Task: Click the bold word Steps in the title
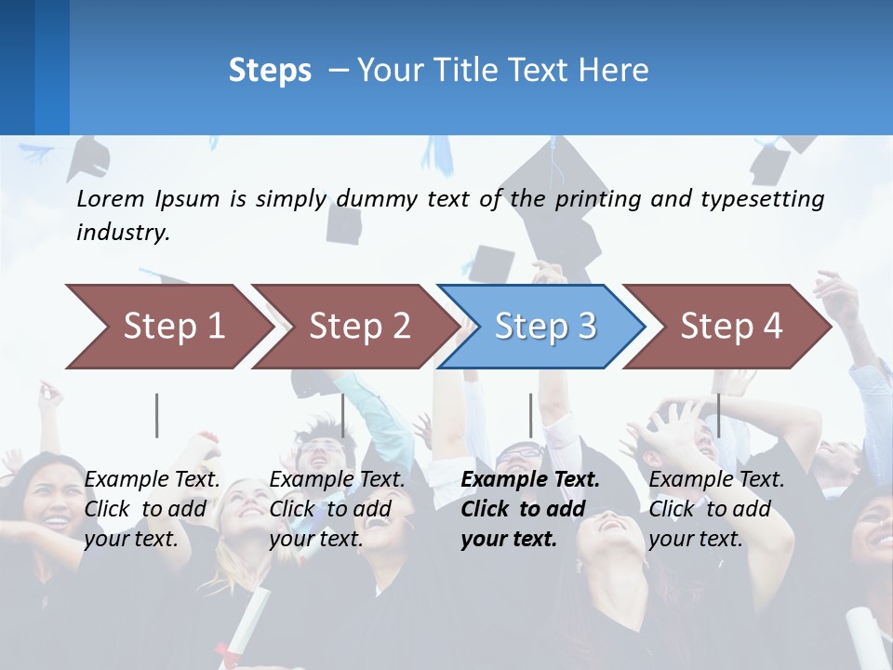pyautogui.click(x=270, y=71)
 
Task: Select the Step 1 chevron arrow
pyautogui.click(x=167, y=327)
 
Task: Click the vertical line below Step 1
pyautogui.click(x=157, y=415)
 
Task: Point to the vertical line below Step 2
pyautogui.click(x=343, y=415)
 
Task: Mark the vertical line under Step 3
pyautogui.click(x=530, y=415)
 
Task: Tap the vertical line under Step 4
pyautogui.click(x=718, y=415)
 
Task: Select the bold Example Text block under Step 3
pyautogui.click(x=530, y=509)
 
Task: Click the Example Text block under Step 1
pyautogui.click(x=152, y=509)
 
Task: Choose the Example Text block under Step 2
pyautogui.click(x=337, y=509)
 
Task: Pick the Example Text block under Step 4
pyautogui.click(x=716, y=509)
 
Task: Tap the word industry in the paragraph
pyautogui.click(x=123, y=233)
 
